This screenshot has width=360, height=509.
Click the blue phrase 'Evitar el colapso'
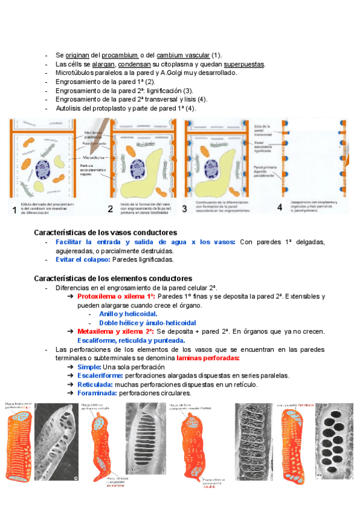click(98, 260)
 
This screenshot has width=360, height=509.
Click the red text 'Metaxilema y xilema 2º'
click(115, 331)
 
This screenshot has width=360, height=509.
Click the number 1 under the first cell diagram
click(14, 209)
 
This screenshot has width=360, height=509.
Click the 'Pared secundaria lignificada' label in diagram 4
click(263, 145)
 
